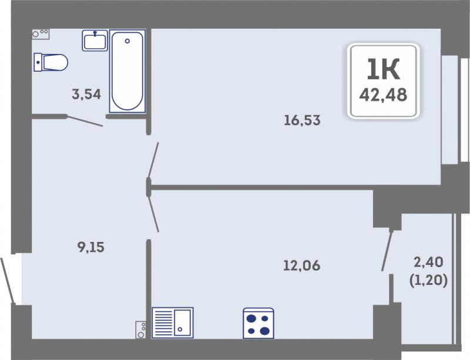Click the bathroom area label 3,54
pos(86,95)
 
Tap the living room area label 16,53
pos(302,120)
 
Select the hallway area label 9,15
pos(91,247)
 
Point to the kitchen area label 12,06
pos(302,265)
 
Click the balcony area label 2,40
pos(428,263)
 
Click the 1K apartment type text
pos(384,69)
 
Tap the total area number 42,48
pos(383,95)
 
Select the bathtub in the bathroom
pos(127,71)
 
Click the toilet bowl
pos(51,62)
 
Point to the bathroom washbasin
pos(95,40)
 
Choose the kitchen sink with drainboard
pos(173,323)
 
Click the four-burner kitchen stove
pos(258,323)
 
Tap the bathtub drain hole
pos(127,41)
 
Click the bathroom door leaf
pos(85,121)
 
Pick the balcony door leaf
pos(387,251)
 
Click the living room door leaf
pos(153,160)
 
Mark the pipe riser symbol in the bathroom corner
pos(41,34)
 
